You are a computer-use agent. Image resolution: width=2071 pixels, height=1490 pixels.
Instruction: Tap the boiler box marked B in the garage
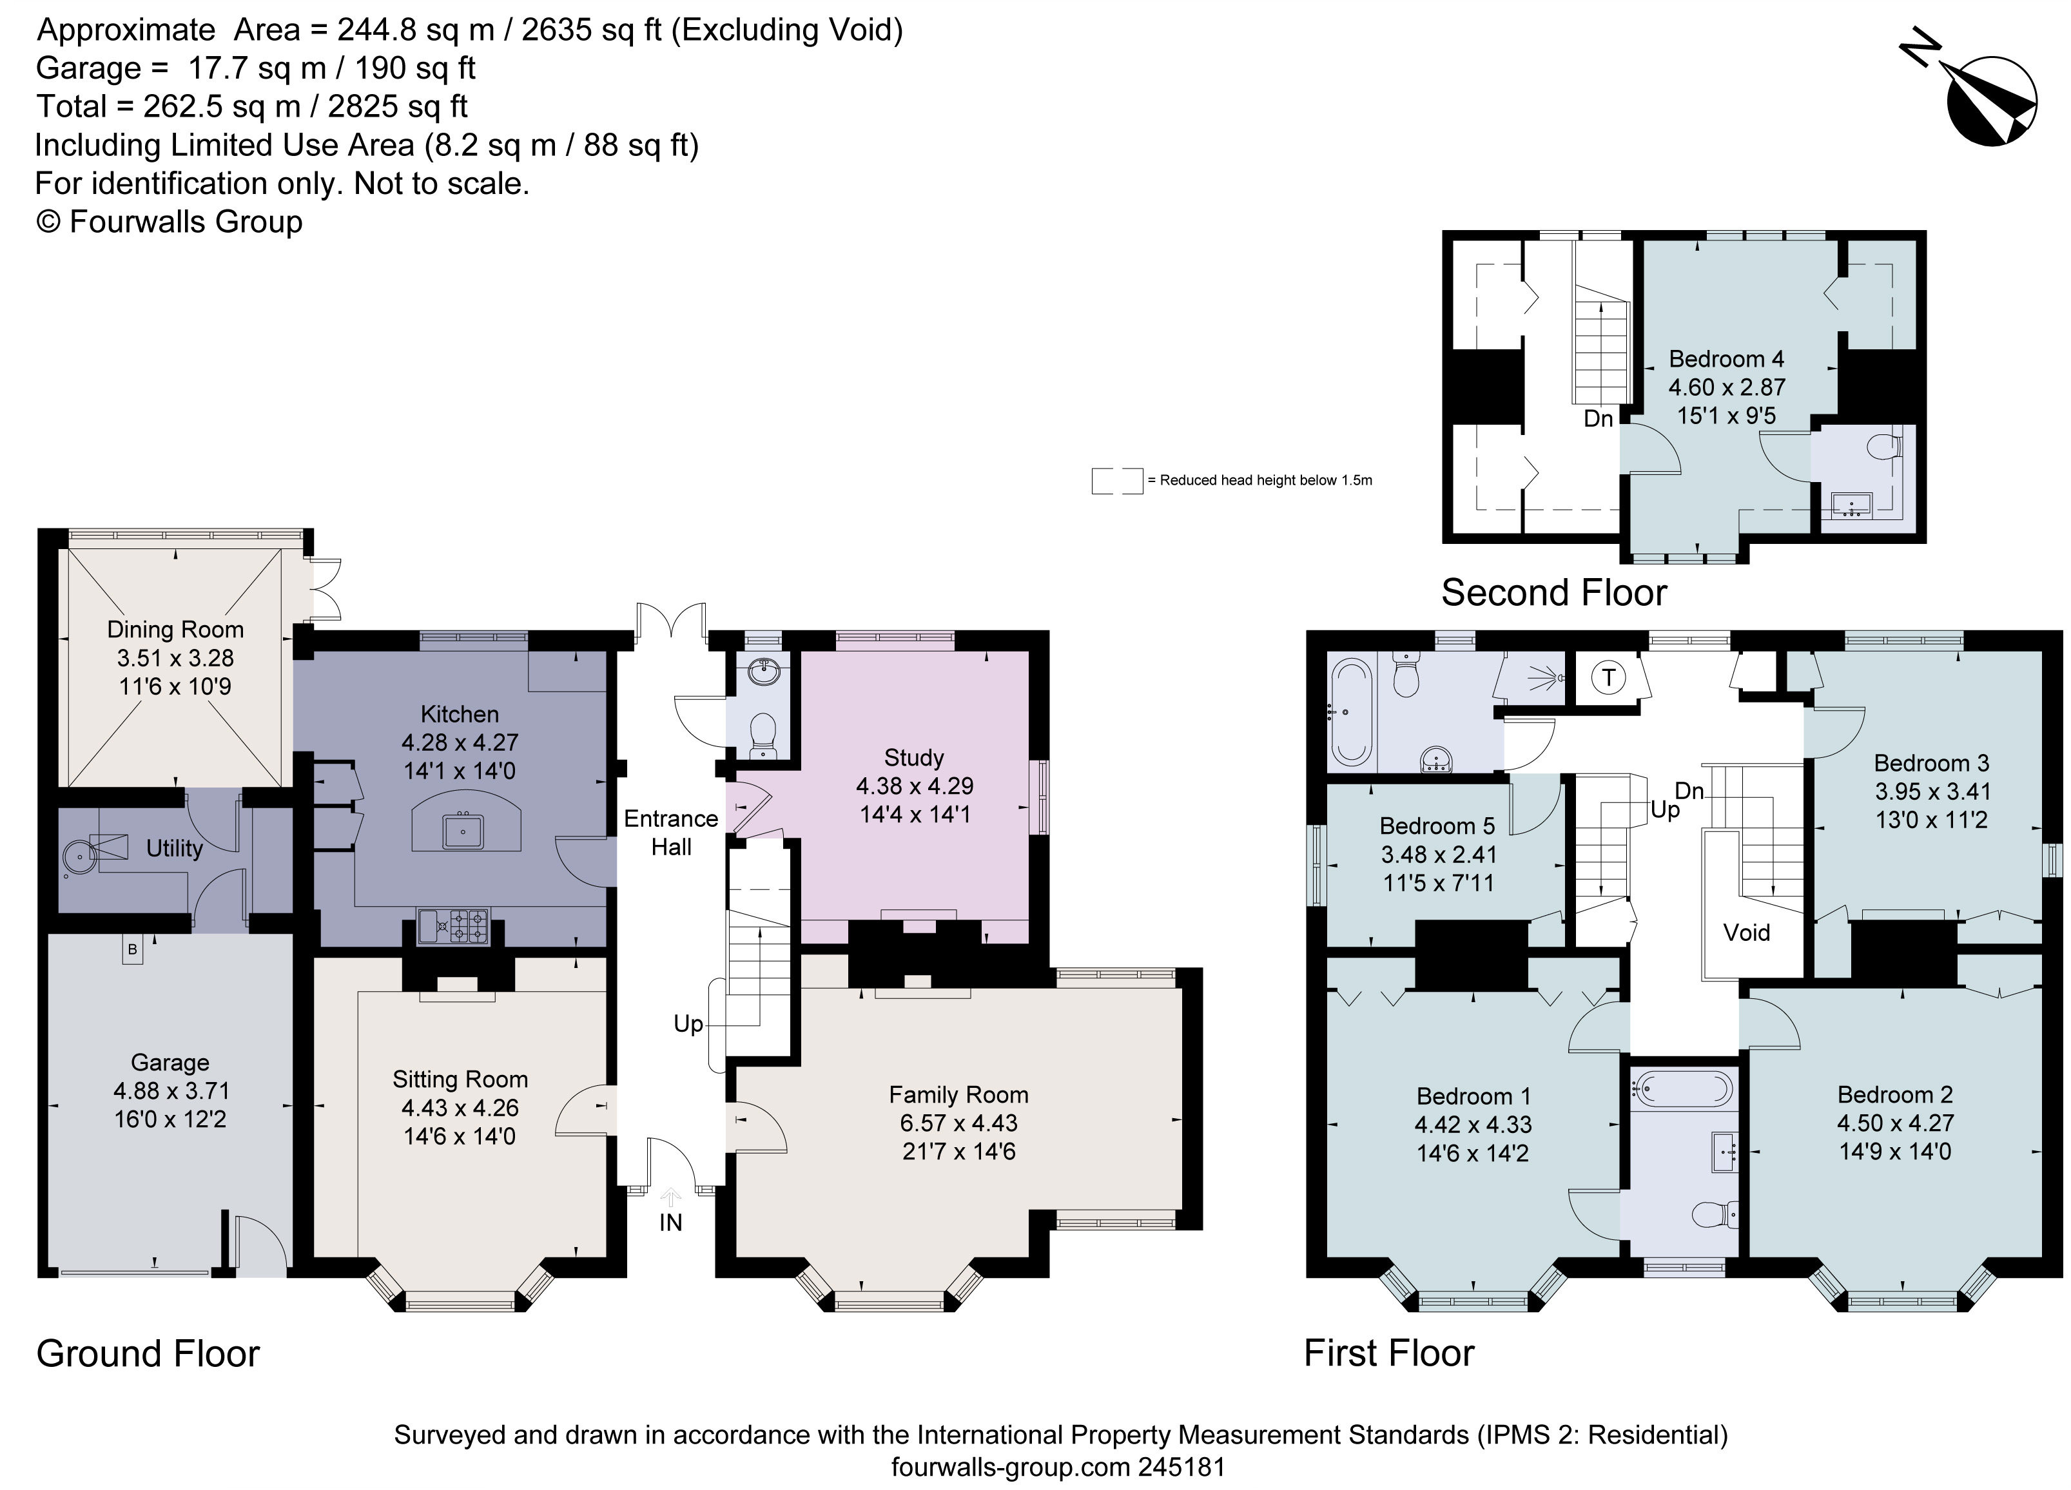(132, 949)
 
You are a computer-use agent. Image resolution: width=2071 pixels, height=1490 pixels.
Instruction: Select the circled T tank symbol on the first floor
(1608, 677)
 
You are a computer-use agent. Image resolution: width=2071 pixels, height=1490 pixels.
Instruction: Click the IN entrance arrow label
(670, 1222)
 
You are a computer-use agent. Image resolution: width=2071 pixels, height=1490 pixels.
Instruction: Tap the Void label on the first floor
(1746, 932)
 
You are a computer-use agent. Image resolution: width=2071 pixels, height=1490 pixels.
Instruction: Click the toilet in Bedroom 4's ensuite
(1884, 447)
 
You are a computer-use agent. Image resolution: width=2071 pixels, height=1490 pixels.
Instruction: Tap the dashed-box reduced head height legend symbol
(1117, 480)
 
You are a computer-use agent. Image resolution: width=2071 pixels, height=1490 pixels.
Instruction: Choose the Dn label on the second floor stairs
(1598, 418)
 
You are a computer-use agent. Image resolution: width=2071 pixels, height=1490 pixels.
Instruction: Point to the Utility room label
(175, 848)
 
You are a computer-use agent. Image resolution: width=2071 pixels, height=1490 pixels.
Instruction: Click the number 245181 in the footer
(1181, 1467)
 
